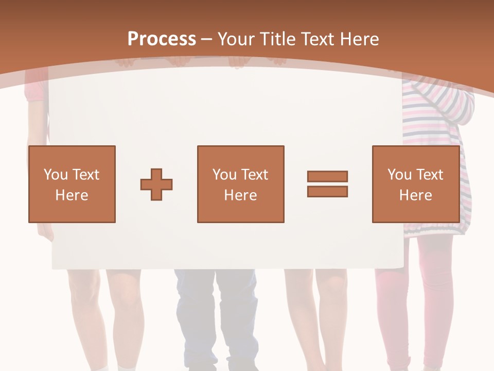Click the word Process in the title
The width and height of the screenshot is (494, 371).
tap(162, 39)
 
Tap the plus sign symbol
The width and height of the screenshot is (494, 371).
tap(156, 184)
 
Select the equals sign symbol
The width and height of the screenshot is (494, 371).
tap(327, 184)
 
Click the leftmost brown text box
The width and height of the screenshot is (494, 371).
tap(72, 184)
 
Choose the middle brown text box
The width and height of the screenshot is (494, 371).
tap(240, 184)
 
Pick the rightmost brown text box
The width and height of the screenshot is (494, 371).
tap(415, 184)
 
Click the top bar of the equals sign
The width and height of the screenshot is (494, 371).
tap(327, 177)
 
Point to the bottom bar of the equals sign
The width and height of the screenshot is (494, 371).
tap(327, 191)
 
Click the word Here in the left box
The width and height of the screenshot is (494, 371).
tap(72, 195)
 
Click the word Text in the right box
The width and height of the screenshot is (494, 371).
tap(430, 175)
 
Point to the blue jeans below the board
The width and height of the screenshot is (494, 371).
tap(216, 314)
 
